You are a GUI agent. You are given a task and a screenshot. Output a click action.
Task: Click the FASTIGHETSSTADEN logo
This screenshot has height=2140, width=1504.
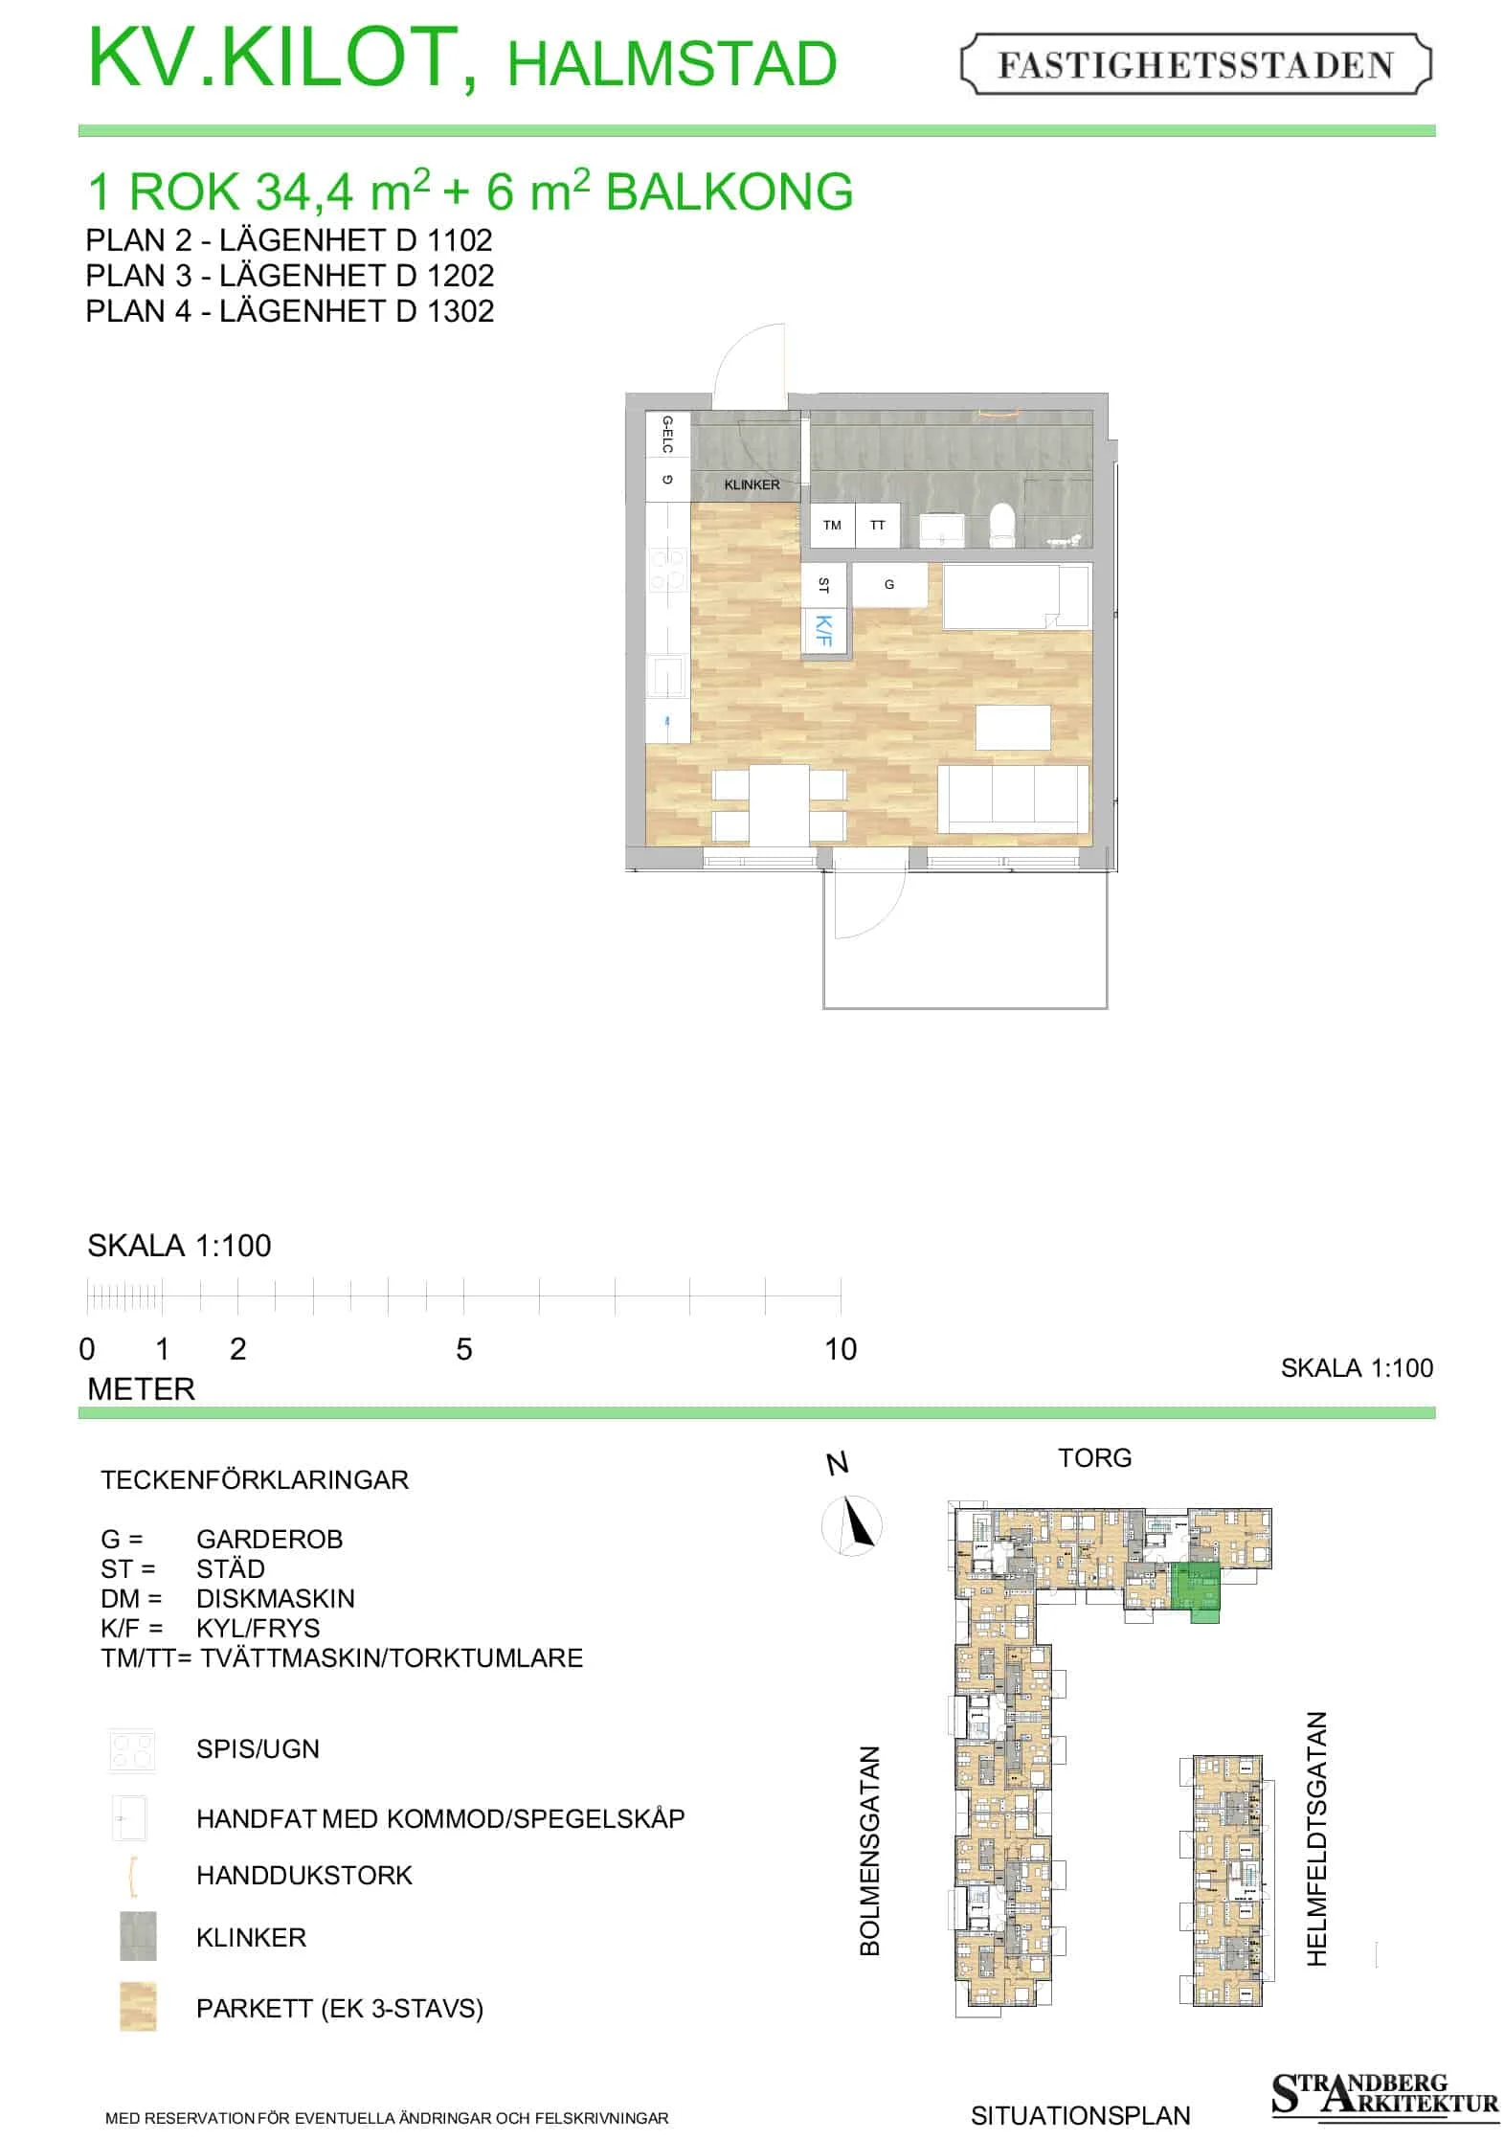click(x=1196, y=64)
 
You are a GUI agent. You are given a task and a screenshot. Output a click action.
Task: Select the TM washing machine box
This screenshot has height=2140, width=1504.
click(x=832, y=526)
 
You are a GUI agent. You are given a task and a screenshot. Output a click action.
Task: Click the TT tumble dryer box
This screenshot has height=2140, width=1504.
click(x=878, y=526)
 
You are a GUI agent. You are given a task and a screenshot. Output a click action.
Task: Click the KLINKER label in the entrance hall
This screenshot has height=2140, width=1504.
click(x=752, y=484)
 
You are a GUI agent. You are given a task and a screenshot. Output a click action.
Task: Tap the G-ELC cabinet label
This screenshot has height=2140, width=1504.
click(x=667, y=435)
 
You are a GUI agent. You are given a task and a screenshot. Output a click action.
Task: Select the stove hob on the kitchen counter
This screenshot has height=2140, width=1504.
click(x=667, y=570)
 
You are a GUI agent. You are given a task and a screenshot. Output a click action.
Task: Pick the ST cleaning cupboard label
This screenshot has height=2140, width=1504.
click(x=823, y=584)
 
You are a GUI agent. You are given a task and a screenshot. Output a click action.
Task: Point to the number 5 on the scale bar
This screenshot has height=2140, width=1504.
click(x=464, y=1349)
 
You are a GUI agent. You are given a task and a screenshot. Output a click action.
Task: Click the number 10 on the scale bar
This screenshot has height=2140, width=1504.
click(x=841, y=1349)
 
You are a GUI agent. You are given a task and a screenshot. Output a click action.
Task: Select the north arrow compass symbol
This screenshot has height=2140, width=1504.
click(x=852, y=1525)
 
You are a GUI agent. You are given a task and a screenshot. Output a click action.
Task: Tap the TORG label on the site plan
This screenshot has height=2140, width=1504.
click(x=1094, y=1458)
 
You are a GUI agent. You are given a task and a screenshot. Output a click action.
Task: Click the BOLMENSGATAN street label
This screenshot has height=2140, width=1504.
click(x=869, y=1850)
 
